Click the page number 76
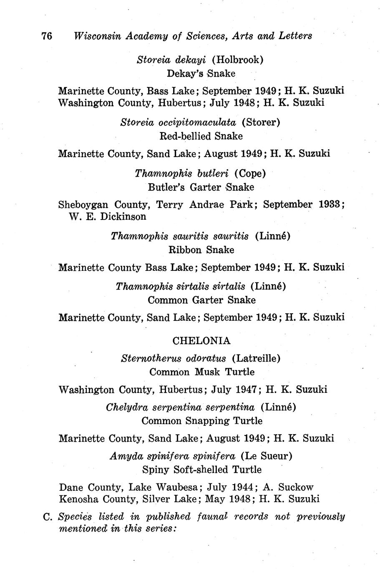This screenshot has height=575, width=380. pos(46,36)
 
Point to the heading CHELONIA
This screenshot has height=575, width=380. pos(201,341)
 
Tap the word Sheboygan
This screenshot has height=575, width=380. pos(83,205)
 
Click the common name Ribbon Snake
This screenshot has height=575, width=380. pos(201,250)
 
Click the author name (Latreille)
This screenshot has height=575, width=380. pos(256,358)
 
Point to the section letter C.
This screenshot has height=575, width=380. pos(47,517)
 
